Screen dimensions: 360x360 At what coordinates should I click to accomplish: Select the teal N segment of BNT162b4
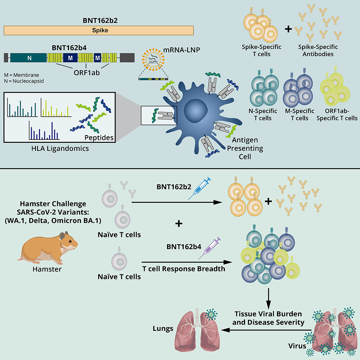point(30,57)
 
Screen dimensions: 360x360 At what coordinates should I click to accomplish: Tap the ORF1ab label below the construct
point(85,72)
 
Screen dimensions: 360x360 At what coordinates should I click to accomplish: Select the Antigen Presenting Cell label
point(243,148)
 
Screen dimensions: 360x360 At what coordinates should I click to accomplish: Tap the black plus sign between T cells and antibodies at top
point(288,29)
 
